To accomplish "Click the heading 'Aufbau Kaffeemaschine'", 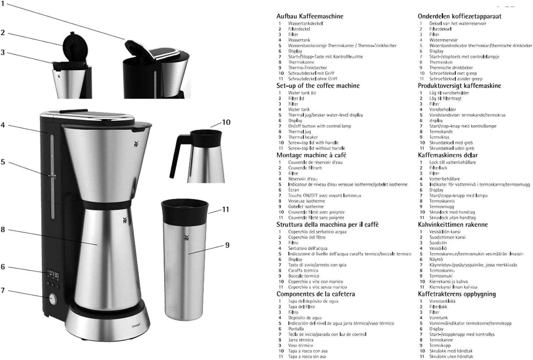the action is coord(310,16).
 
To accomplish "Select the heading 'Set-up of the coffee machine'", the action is coord(318,86).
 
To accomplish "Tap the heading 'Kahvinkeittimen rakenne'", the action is coord(453,225).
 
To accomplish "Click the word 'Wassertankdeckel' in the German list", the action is coord(305,23).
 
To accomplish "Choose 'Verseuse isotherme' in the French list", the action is coord(306,201).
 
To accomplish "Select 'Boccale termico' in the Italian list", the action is coord(303,276).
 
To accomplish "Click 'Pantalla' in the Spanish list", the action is coord(296,329).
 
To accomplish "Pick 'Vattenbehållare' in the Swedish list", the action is coord(444,179).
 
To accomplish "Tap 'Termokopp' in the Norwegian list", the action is coord(440,345).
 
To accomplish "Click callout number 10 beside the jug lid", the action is coord(226,122).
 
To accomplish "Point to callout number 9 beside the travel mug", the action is coord(227,245).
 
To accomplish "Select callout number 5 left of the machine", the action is coord(3,162).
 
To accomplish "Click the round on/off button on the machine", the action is coord(52,299).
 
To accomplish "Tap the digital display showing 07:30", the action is coord(53,275).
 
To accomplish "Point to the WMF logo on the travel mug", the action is coord(186,237).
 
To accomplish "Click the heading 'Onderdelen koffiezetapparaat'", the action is coord(459,16).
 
